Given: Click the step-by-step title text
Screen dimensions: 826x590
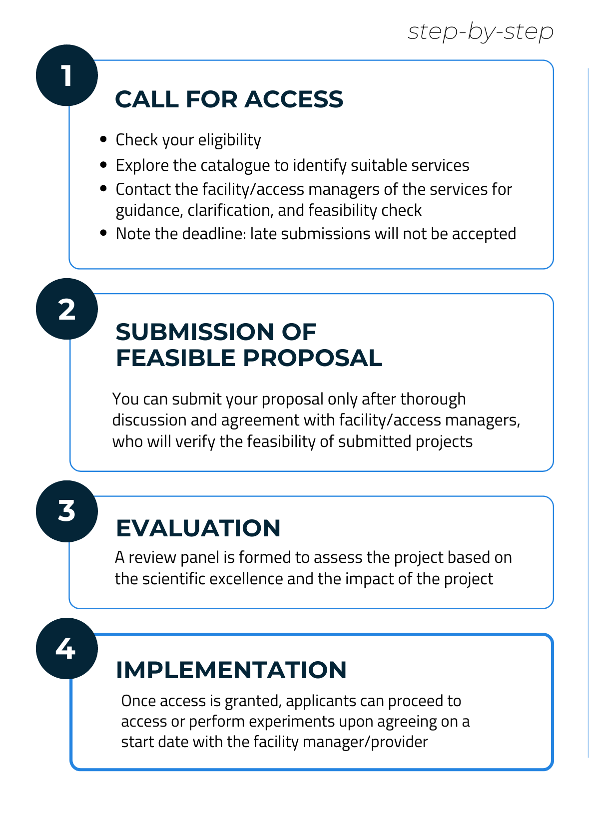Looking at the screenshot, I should (x=481, y=31).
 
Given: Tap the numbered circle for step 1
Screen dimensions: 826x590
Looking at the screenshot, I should (x=67, y=75).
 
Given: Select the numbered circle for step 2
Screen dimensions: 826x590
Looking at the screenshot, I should (x=67, y=309).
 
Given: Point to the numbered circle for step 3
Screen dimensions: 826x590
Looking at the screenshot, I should (x=67, y=511).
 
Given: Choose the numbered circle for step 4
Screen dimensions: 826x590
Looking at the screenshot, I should (x=67, y=649).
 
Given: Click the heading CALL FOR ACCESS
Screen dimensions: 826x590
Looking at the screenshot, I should (x=229, y=99).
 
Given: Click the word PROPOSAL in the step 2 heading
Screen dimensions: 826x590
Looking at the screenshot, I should (x=313, y=358).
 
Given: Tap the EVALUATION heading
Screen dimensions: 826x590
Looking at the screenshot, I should (x=198, y=528).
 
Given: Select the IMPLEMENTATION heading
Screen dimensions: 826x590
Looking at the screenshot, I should (x=231, y=670).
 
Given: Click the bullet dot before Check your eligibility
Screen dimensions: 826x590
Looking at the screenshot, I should (x=103, y=139).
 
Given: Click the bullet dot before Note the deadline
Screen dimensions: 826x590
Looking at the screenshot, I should (x=103, y=233).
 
